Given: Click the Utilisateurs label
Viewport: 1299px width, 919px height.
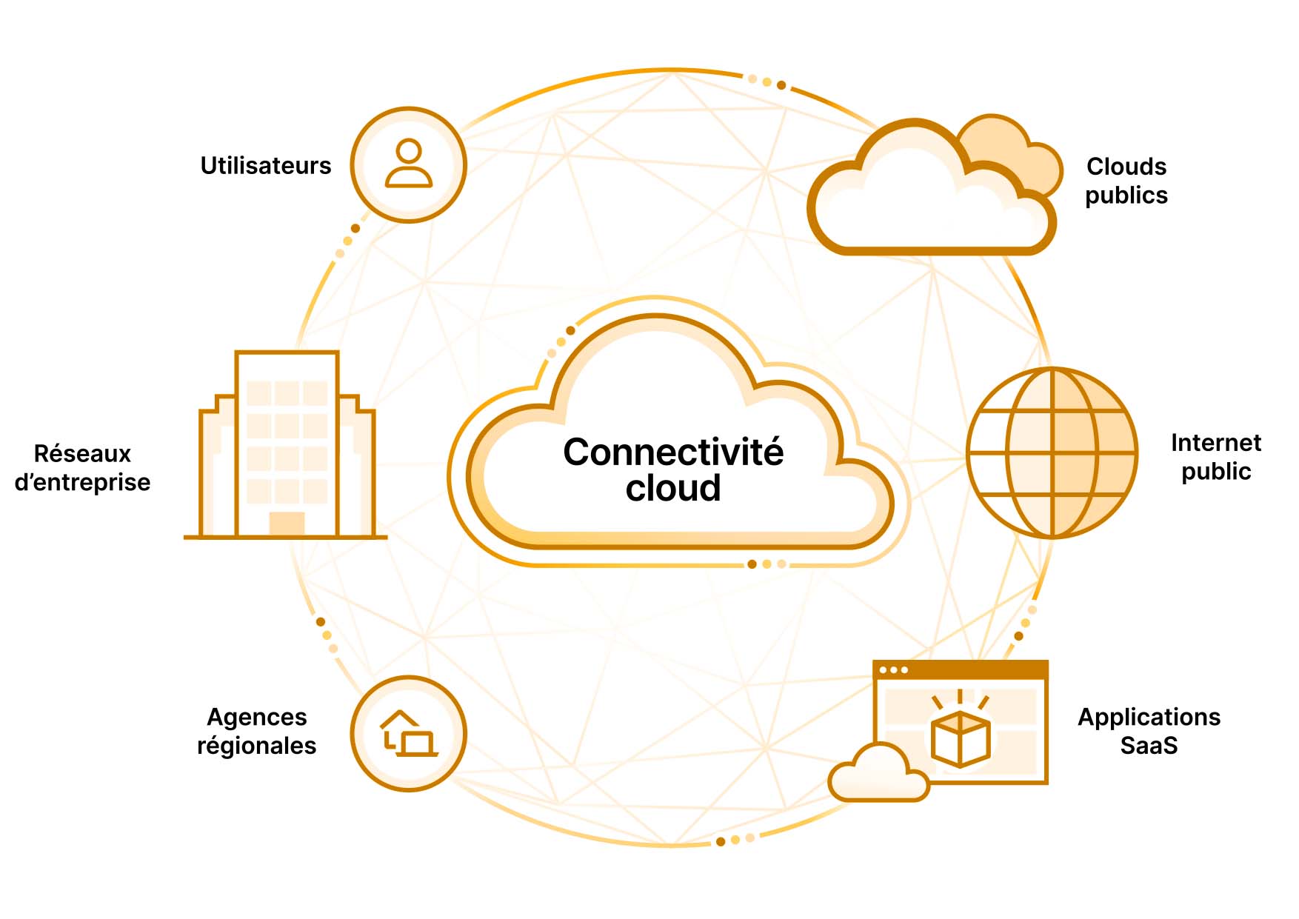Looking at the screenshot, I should coord(265,165).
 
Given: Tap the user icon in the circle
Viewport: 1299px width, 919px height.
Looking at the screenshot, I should coord(408,164).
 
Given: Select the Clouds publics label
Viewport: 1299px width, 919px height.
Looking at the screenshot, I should coord(1126,181).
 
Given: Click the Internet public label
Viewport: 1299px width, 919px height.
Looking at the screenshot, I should coord(1215,457).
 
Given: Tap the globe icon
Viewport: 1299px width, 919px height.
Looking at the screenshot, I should coord(1052,452).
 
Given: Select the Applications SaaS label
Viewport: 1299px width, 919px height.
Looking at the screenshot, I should coord(1149,731).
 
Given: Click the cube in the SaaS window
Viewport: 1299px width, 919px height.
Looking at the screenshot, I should coord(961,739).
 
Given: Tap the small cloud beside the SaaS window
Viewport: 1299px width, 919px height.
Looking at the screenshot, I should coord(879,776).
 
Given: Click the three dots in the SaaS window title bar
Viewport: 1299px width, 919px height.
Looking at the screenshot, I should coord(893,670).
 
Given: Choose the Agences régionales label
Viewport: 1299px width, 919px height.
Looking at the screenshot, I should coord(256,731).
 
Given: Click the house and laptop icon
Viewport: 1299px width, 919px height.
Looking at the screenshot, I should coord(408,734).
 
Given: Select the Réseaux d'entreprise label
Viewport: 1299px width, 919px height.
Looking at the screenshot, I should coord(82,467).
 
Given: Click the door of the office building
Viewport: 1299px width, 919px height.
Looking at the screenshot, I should coord(287,523).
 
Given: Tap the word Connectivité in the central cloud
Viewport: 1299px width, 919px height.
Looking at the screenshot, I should coord(672,452).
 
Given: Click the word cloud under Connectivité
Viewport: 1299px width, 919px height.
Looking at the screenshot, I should coord(672,488).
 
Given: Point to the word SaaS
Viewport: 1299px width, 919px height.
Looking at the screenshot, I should coord(1149,745).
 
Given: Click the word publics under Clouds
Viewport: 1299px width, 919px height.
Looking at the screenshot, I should coord(1126,195).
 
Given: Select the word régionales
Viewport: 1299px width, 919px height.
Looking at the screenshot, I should coord(256,745).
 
